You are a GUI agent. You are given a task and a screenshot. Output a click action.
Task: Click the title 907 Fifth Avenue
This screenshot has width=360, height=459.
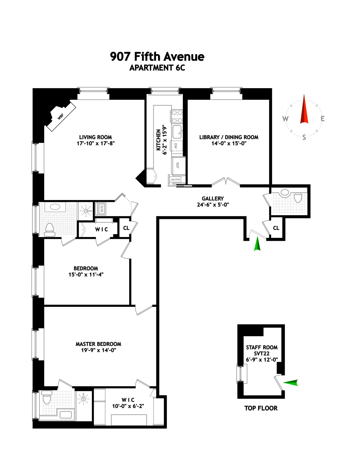pos(157,56)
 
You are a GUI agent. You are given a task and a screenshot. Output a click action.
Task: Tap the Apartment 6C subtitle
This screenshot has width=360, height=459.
pos(157,68)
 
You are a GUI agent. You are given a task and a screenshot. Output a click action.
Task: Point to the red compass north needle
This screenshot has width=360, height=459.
pos(304,109)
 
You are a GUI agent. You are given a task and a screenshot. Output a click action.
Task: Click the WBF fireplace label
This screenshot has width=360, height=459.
pos(61,116)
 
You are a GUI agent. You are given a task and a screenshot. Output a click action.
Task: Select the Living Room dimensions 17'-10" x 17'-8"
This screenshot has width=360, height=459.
pos(96,143)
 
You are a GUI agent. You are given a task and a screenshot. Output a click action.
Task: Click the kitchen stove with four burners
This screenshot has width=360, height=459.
pos(176,116)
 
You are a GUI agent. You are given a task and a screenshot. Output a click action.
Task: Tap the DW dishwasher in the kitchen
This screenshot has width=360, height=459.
pos(176,146)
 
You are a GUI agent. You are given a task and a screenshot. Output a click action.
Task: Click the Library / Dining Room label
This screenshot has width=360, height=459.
pos(229,137)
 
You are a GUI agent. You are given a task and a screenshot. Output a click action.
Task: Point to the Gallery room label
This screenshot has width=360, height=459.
pos(213,199)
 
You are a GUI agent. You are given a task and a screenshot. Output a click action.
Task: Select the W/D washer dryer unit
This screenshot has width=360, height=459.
pos(101,208)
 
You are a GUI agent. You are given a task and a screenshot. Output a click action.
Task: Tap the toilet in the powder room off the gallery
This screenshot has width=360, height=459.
pos(298,198)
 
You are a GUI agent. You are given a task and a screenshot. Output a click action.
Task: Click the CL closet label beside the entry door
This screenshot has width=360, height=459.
pos(276,228)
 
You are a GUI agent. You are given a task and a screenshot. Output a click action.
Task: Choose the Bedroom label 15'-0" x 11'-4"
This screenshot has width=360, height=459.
pos(86,271)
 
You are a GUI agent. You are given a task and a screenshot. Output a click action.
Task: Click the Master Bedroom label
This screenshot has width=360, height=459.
pos(98,344)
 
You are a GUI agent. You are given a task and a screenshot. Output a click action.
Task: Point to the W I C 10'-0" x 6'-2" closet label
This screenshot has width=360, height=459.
pos(128,403)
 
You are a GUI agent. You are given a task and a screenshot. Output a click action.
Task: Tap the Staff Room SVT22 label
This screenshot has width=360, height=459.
pos(262,350)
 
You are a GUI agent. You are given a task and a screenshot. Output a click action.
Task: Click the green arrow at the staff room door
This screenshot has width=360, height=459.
pos(291,382)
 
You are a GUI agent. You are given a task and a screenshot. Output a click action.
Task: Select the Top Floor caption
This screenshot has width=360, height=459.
pos(261,408)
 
